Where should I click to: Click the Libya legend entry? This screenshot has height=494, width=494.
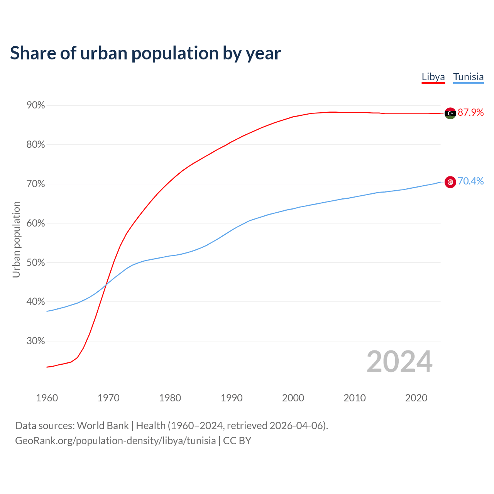433,77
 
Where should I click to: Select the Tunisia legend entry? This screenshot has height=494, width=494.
468,77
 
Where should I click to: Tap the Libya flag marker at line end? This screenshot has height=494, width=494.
450,113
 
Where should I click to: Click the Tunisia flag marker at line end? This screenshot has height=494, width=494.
450,182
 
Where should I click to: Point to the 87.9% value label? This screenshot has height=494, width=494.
470,112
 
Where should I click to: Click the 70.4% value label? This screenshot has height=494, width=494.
470,181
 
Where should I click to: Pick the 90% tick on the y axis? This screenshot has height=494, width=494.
36,105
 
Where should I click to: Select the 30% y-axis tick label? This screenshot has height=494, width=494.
36,341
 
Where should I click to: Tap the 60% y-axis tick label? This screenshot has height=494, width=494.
36,223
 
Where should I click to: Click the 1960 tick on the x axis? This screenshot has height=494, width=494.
47,398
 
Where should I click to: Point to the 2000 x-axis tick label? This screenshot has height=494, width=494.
293,398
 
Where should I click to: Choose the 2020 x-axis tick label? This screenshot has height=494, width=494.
416,398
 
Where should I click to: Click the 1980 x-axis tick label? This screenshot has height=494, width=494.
170,398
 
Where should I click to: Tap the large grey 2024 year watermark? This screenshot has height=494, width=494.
399,362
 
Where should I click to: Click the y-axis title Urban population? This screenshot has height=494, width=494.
16,239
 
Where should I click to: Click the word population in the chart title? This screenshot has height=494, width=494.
175,54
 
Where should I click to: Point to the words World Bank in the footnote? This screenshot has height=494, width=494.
103,425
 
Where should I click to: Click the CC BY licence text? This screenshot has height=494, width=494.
237,440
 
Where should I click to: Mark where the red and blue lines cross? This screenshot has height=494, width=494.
106,284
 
